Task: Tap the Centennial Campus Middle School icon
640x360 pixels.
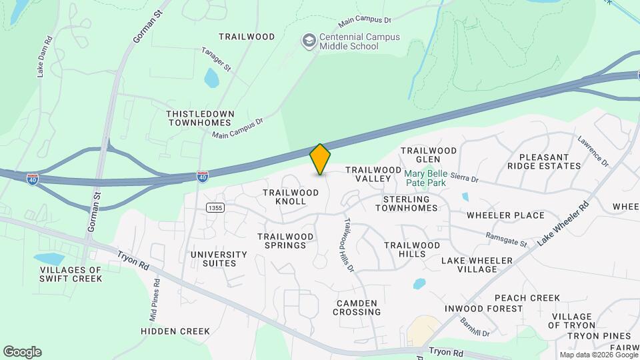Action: click(x=308, y=41)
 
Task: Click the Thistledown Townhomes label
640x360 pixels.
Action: click(x=200, y=118)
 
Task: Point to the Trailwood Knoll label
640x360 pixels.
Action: click(x=290, y=197)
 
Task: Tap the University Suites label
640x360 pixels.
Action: click(x=219, y=259)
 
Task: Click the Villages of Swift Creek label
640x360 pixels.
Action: click(x=71, y=274)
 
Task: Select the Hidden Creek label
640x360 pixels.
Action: click(x=175, y=331)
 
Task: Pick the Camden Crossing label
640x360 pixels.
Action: click(x=358, y=307)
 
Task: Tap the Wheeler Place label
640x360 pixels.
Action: click(x=505, y=215)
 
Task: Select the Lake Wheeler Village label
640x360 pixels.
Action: click(x=477, y=265)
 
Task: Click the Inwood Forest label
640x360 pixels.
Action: click(x=490, y=309)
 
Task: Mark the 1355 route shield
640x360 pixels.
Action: click(x=215, y=208)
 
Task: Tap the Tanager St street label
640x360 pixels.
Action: click(x=217, y=59)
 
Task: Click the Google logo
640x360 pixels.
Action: click(x=22, y=352)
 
